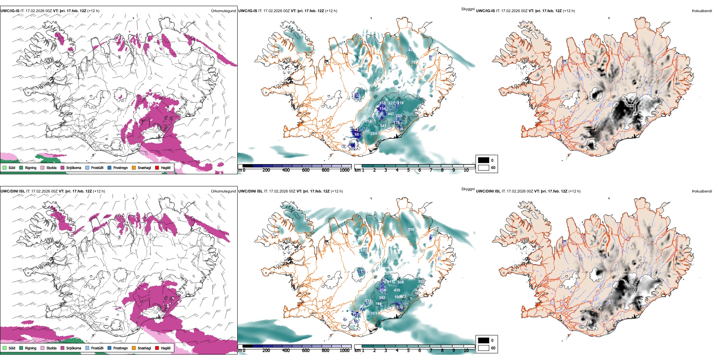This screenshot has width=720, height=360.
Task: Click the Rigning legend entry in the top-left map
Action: tap(30, 167)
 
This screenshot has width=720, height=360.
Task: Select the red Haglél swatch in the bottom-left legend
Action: tap(157, 348)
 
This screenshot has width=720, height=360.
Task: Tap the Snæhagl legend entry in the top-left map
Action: tap(144, 167)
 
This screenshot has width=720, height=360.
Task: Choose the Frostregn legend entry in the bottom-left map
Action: tap(120, 348)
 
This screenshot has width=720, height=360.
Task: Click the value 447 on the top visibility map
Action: tap(391, 114)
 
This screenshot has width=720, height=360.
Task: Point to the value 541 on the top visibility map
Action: tap(383, 126)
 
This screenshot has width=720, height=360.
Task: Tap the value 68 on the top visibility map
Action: tap(357, 135)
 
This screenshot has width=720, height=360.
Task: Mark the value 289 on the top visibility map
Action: tap(374, 133)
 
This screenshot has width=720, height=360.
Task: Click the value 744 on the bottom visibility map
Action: tap(378, 304)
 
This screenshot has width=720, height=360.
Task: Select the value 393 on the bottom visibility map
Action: tap(374, 313)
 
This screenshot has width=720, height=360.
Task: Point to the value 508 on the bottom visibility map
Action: tap(401, 282)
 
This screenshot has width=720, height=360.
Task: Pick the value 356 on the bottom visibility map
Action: tap(411, 230)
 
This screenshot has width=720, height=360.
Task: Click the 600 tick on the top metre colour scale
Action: tap(305, 170)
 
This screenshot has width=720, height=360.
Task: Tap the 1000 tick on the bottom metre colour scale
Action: tap(344, 351)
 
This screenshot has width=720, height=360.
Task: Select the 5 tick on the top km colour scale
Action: tap(408, 170)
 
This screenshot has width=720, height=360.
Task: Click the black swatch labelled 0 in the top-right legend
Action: tap(484, 160)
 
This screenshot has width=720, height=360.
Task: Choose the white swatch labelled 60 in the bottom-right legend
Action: tap(484, 348)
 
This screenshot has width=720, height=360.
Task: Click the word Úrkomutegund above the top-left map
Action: tap(223, 11)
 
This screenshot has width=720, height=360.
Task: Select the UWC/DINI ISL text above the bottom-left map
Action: tap(13, 191)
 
